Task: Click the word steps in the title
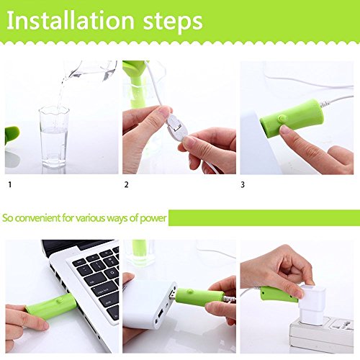pos(173,22)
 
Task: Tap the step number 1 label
pos(10,184)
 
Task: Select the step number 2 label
pos(127,184)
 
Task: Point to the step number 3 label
pos(243,184)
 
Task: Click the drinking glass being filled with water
pos(54,137)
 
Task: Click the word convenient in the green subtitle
pos(37,218)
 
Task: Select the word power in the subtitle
pos(153,218)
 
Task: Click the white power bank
pos(148,304)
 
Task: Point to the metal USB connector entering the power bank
pos(172,296)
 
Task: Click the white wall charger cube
pos(312,304)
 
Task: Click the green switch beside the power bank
pos(199,297)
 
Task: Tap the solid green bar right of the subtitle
pos(264,217)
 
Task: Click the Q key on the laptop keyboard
pos(112,273)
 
